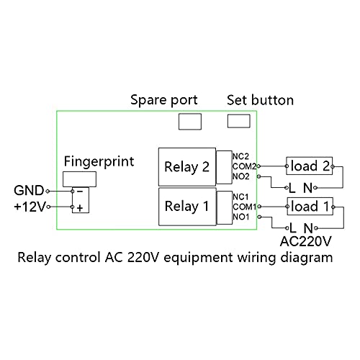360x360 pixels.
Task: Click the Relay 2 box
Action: coord(186,167)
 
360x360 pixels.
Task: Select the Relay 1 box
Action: coord(186,206)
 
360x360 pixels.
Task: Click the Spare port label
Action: coord(163,100)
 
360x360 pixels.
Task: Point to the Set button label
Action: coord(260,100)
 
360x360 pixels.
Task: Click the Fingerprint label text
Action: coord(99,161)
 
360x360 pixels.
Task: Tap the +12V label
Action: coord(28,207)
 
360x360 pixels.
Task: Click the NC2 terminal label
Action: coord(241,156)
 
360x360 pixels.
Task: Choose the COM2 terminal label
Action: coord(243,166)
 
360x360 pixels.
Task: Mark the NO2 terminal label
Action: coord(241,176)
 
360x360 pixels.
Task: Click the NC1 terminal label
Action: coord(241,197)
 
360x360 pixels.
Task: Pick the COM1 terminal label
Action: coord(243,207)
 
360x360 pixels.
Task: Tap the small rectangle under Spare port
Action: coord(190,121)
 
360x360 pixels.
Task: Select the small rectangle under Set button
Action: coord(238,121)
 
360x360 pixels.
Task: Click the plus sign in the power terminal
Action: coord(80,208)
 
